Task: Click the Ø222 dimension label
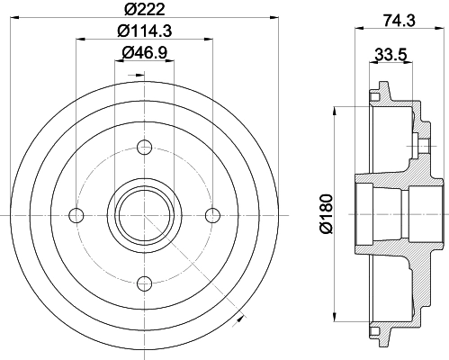coord(145,9)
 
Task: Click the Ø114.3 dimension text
coord(145,31)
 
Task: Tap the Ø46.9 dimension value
coord(145,53)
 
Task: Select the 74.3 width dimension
coord(399,21)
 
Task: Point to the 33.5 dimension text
coord(391,55)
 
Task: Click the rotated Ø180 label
coord(327,213)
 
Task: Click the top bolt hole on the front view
coord(144,148)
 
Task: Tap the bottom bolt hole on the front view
coord(144,283)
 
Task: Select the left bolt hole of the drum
coord(76,215)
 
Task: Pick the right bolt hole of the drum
coord(212,215)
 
